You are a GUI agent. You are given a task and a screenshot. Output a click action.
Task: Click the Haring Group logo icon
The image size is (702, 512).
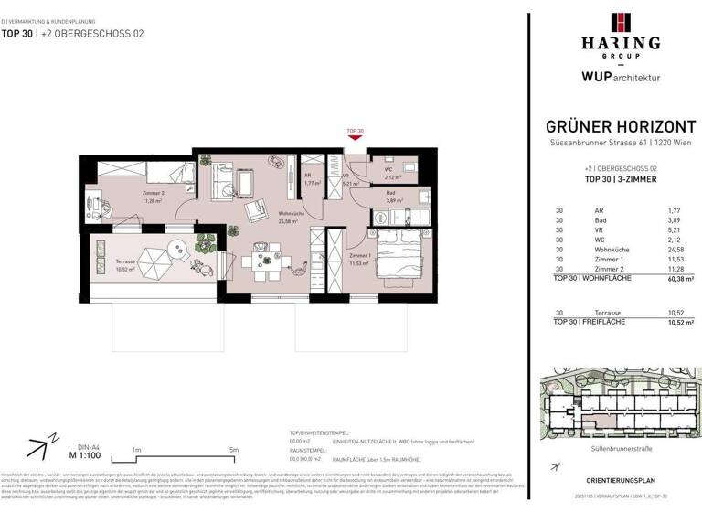[x=613, y=23]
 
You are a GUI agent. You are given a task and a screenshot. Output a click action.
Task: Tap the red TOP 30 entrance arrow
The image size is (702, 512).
[x=355, y=139]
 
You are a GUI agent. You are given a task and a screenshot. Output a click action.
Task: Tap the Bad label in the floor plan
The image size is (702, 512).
[x=390, y=196]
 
